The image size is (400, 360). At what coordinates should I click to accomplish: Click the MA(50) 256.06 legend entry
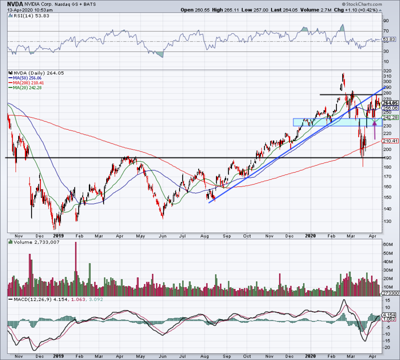click(28, 78)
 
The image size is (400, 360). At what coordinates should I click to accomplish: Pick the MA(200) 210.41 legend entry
click(28, 83)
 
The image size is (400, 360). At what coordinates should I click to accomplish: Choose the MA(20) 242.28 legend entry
click(28, 88)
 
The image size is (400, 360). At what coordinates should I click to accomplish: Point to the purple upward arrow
click(374, 130)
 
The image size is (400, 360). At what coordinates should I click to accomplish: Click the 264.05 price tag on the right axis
click(390, 103)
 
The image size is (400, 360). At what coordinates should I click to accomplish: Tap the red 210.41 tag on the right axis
click(390, 141)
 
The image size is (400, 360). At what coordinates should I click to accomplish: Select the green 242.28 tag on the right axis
click(390, 118)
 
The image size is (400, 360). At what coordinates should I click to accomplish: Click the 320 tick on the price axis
click(387, 71)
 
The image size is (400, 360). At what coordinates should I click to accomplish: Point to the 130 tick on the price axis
click(387, 221)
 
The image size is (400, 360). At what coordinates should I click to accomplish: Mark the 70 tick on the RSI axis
click(386, 31)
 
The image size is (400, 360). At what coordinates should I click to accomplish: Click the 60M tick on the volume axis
click(387, 244)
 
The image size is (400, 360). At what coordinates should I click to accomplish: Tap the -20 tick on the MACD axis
click(387, 347)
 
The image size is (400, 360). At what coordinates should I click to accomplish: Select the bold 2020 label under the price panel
click(310, 236)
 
